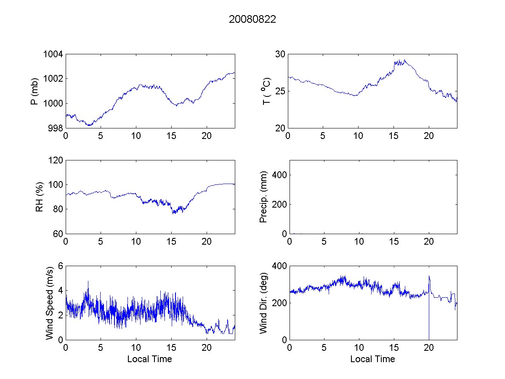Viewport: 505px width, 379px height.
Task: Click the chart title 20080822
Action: pos(252,19)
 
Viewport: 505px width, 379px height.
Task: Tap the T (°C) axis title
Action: pos(266,91)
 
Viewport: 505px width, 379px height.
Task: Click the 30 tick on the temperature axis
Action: pos(280,54)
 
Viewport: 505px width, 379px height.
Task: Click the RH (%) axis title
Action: pos(40,197)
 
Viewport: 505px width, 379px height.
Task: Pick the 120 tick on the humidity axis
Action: pos(56,160)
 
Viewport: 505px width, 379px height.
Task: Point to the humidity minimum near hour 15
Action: pos(173,213)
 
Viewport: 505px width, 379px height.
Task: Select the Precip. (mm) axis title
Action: pos(264,197)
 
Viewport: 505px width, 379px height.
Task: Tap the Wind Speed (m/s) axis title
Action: pos(49,302)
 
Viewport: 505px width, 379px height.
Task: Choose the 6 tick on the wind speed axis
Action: pos(60,266)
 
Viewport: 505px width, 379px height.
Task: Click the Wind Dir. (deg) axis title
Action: pos(264,302)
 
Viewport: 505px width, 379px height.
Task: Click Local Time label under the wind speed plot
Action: pos(149,359)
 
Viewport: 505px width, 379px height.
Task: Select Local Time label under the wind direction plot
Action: pos(372,359)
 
